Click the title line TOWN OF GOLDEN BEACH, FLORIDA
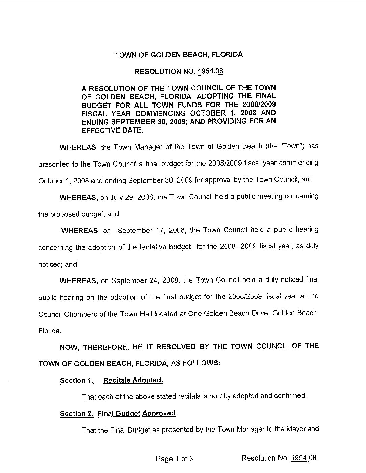(x=179, y=55)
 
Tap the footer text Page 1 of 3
(x=174, y=459)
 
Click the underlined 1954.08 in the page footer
(x=303, y=458)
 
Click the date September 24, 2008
(x=146, y=280)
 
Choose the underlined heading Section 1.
(x=76, y=381)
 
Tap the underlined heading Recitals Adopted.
(x=133, y=380)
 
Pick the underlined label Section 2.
(x=77, y=414)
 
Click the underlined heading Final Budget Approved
(x=137, y=413)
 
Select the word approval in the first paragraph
(x=217, y=180)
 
